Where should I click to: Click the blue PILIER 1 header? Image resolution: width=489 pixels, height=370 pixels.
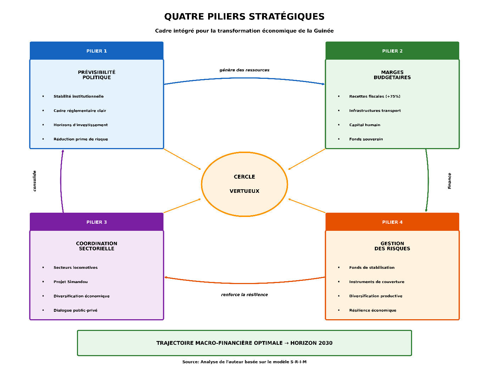click(96, 51)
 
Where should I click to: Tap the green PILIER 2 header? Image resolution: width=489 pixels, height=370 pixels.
click(392, 51)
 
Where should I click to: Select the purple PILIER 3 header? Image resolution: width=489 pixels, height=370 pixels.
click(96, 222)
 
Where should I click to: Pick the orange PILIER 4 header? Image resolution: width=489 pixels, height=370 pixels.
click(392, 222)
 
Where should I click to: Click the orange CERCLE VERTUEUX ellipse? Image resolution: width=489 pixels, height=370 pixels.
click(244, 184)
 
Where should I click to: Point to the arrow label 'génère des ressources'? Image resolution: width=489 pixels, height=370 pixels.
click(244, 70)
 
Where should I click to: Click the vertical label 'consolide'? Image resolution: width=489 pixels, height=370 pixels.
click(34, 181)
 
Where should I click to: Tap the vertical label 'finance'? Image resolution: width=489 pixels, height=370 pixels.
click(449, 181)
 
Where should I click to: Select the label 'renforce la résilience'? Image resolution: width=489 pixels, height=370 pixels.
click(244, 295)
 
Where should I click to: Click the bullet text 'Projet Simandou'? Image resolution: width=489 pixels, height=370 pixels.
click(71, 282)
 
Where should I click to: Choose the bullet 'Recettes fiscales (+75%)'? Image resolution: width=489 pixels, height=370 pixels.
click(374, 96)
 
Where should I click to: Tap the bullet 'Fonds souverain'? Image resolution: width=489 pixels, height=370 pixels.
click(366, 139)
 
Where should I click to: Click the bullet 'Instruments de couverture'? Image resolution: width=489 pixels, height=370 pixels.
click(377, 282)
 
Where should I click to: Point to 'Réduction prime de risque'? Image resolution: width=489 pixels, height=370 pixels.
click(80, 139)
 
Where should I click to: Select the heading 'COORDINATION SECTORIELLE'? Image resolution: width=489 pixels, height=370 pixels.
click(96, 246)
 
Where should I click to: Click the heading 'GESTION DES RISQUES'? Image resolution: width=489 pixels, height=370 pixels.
click(392, 246)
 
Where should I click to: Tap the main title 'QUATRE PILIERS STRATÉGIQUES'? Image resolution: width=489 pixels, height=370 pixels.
click(244, 17)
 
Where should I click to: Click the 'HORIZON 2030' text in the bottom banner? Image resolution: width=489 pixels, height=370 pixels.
click(311, 343)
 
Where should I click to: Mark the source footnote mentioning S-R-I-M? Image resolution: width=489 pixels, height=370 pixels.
click(244, 362)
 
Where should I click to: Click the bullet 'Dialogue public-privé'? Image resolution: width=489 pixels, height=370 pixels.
click(75, 310)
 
